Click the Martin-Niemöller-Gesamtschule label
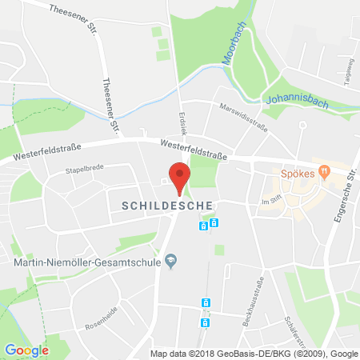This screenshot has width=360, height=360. click(81, 261)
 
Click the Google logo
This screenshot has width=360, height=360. click(26, 350)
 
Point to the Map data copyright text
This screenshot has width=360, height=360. click(254, 353)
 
